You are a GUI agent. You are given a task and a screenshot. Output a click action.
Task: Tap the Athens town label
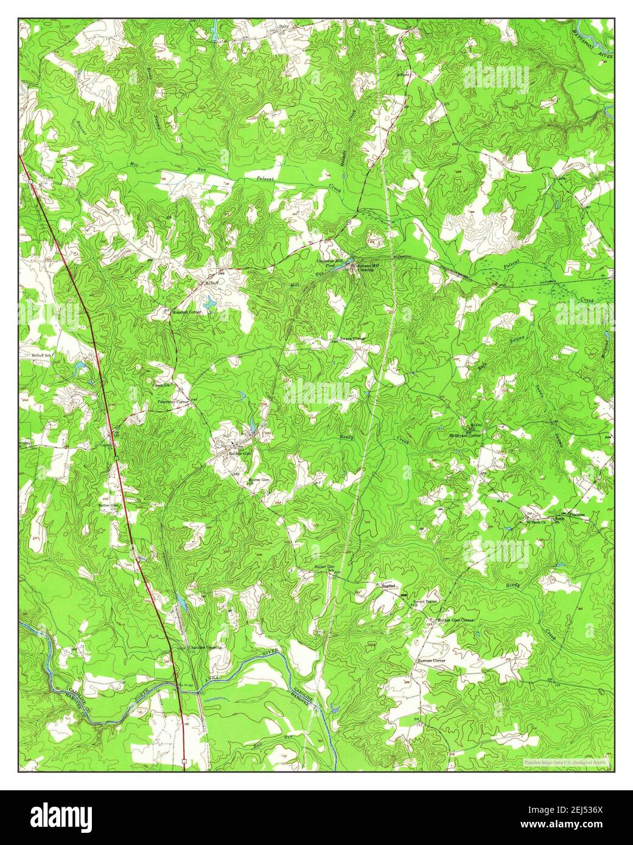tap(405, 75)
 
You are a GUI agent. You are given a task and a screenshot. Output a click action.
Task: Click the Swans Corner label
tap(352, 337)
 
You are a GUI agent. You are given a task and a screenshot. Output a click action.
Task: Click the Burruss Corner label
tap(431, 660)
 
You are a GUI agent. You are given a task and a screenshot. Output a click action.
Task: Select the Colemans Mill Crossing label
tap(367, 265)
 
